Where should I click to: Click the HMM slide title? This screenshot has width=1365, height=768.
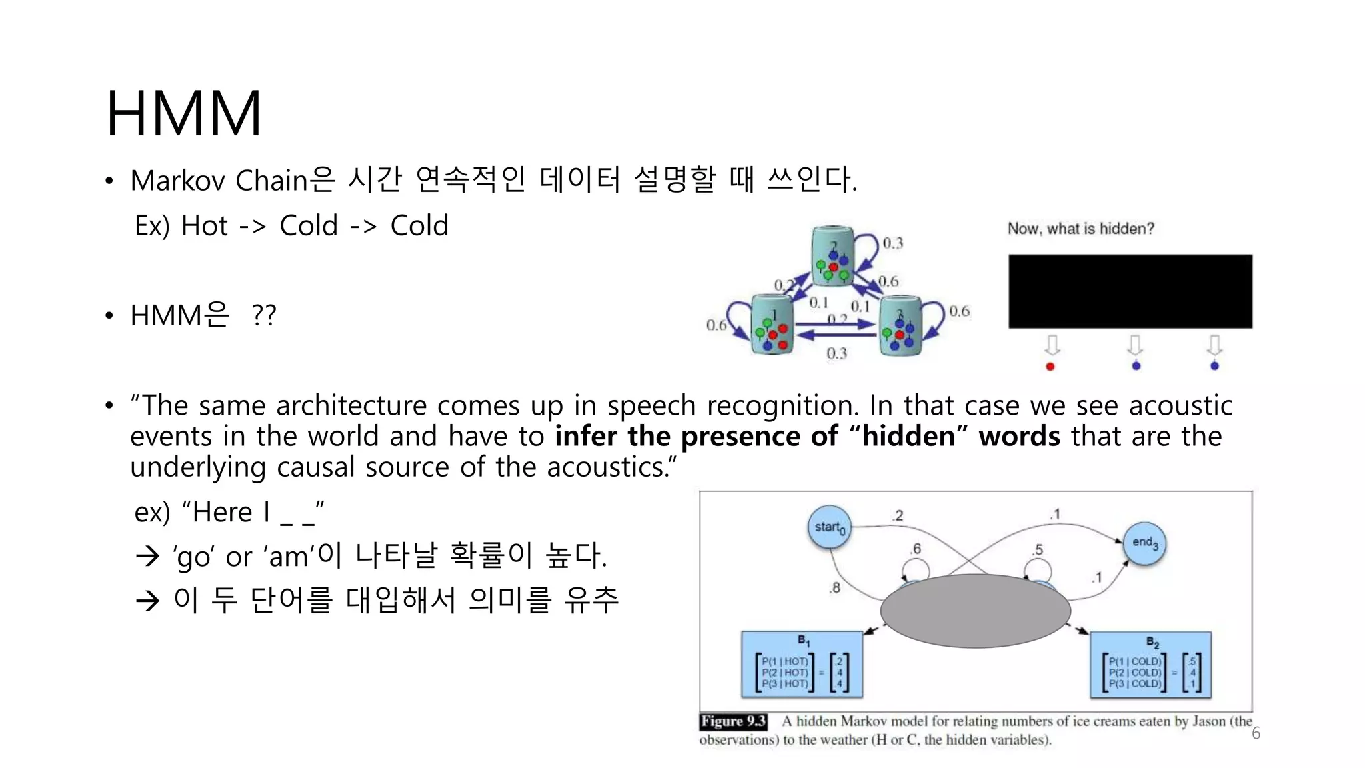[184, 113]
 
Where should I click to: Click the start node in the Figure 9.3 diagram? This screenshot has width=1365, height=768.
[829, 527]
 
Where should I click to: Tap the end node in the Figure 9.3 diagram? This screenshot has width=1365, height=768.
[1144, 543]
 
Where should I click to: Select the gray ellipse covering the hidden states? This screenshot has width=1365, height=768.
[975, 610]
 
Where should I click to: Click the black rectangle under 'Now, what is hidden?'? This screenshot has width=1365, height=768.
[1130, 291]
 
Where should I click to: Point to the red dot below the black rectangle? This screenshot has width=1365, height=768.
[1050, 367]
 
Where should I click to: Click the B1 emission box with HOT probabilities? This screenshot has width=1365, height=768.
[802, 665]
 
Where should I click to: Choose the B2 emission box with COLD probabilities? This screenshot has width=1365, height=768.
[1150, 665]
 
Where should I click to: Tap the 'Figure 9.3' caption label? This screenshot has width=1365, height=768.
[733, 721]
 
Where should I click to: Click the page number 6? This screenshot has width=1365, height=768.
[1256, 733]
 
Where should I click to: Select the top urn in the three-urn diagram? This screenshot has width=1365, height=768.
[832, 257]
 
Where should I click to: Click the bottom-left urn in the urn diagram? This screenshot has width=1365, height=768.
[772, 325]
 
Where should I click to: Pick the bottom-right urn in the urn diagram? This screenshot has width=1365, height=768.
[900, 326]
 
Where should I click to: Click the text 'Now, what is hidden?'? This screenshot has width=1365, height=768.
[1080, 229]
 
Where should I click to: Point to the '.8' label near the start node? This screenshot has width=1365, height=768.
[834, 587]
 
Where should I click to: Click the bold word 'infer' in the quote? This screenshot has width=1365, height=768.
[585, 437]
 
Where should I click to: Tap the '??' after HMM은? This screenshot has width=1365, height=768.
[264, 315]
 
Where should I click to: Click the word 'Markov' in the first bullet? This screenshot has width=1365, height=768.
[177, 181]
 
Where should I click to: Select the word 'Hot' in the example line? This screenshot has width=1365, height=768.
[205, 226]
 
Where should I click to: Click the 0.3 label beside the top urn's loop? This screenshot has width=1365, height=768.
[892, 243]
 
